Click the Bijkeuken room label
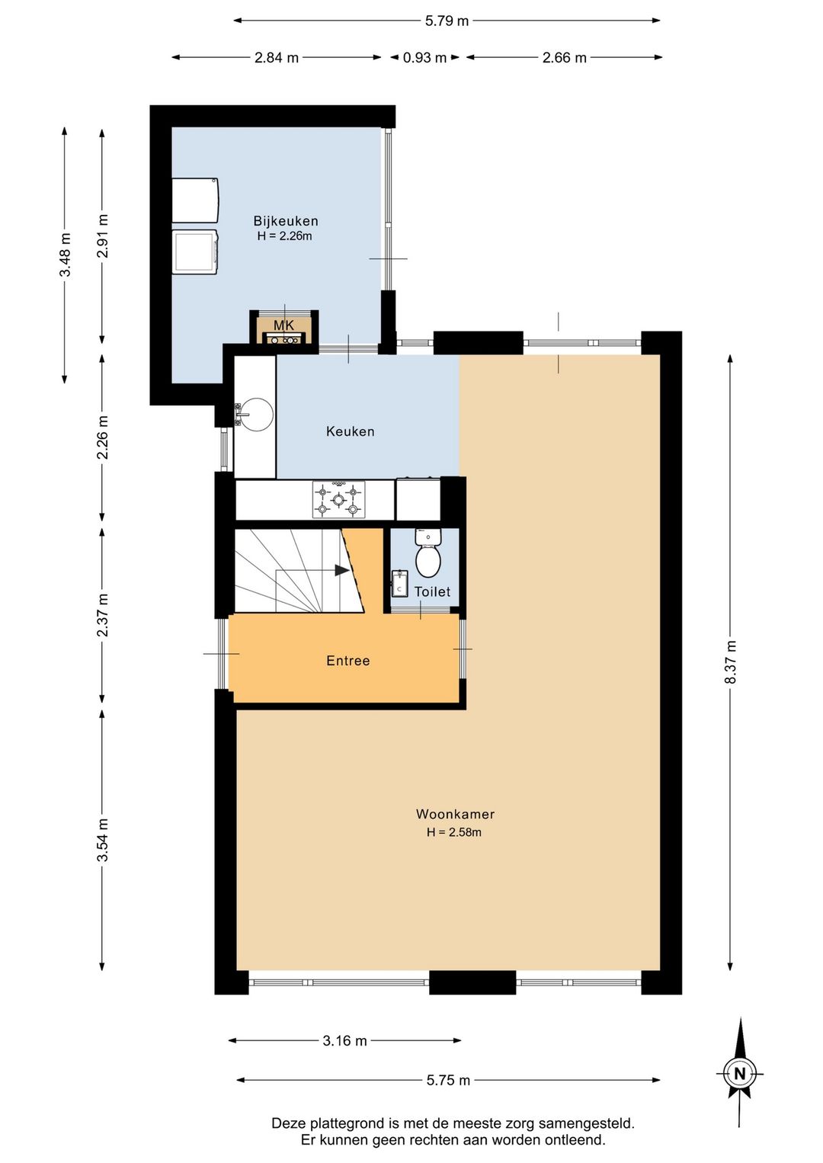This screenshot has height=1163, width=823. click(286, 221)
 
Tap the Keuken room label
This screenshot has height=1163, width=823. click(350, 431)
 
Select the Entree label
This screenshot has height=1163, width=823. click(348, 661)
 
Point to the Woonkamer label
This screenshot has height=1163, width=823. click(455, 814)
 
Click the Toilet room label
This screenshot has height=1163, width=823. click(432, 591)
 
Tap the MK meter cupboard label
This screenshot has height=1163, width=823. click(284, 325)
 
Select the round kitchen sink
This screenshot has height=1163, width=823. click(257, 415)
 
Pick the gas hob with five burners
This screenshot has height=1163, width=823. click(338, 499)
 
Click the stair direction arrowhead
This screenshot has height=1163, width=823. click(342, 570)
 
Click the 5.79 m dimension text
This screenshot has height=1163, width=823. click(447, 21)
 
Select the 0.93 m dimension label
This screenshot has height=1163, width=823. click(424, 57)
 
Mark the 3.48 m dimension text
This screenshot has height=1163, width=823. click(65, 255)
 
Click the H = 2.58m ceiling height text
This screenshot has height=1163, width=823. click(454, 832)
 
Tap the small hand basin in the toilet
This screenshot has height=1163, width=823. click(399, 584)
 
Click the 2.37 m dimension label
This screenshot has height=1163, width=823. click(103, 615)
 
